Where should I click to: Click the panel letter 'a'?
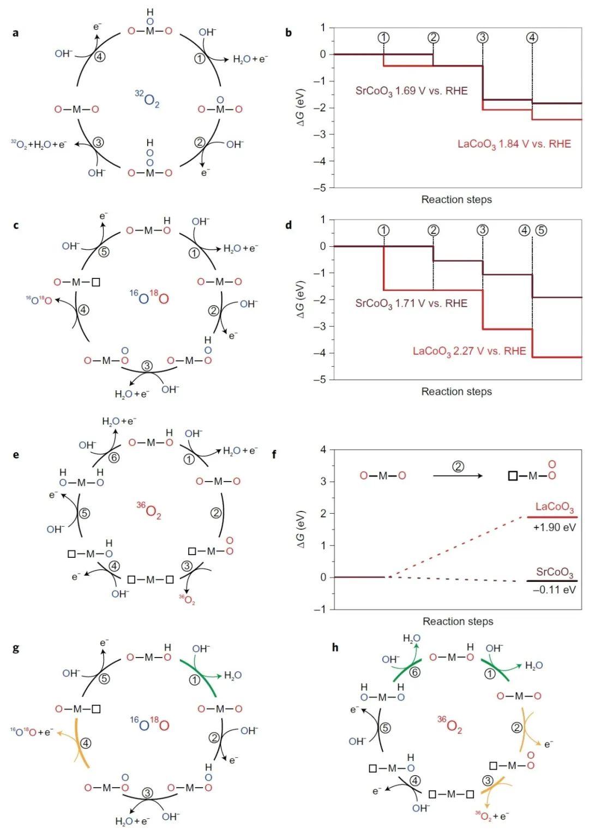pyautogui.click(x=15, y=33)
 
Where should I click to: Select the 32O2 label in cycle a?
pyautogui.click(x=147, y=99)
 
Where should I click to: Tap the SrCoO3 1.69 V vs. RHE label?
pyautogui.click(x=411, y=91)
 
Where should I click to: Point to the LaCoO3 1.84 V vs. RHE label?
pyautogui.click(x=514, y=144)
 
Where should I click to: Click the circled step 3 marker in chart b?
pyautogui.click(x=482, y=38)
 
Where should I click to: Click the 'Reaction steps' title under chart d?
pyautogui.click(x=456, y=392)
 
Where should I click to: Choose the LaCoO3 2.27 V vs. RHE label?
pyautogui.click(x=469, y=351)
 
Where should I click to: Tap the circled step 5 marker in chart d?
pyautogui.click(x=540, y=230)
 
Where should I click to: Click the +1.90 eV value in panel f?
pyautogui.click(x=554, y=527)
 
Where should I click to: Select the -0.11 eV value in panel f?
pyautogui.click(x=554, y=589)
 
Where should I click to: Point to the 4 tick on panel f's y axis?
pyautogui.click(x=323, y=449)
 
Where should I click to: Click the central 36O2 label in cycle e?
pyautogui.click(x=149, y=511)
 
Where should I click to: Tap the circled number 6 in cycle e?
pyautogui.click(x=113, y=458)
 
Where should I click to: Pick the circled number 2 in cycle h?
pyautogui.click(x=516, y=728)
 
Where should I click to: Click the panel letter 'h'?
pyautogui.click(x=335, y=648)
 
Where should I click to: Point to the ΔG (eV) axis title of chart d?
pyautogui.click(x=300, y=299)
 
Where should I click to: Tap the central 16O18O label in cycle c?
pyautogui.click(x=149, y=297)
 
